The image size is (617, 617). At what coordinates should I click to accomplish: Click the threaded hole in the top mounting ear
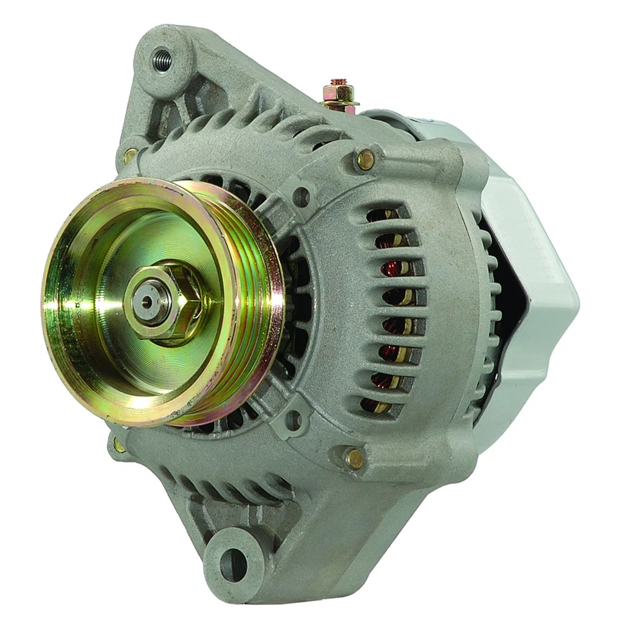point(161,61)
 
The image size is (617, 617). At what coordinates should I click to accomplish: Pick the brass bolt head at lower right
point(353,458)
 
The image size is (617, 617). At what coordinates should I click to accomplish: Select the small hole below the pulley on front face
point(293,421)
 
